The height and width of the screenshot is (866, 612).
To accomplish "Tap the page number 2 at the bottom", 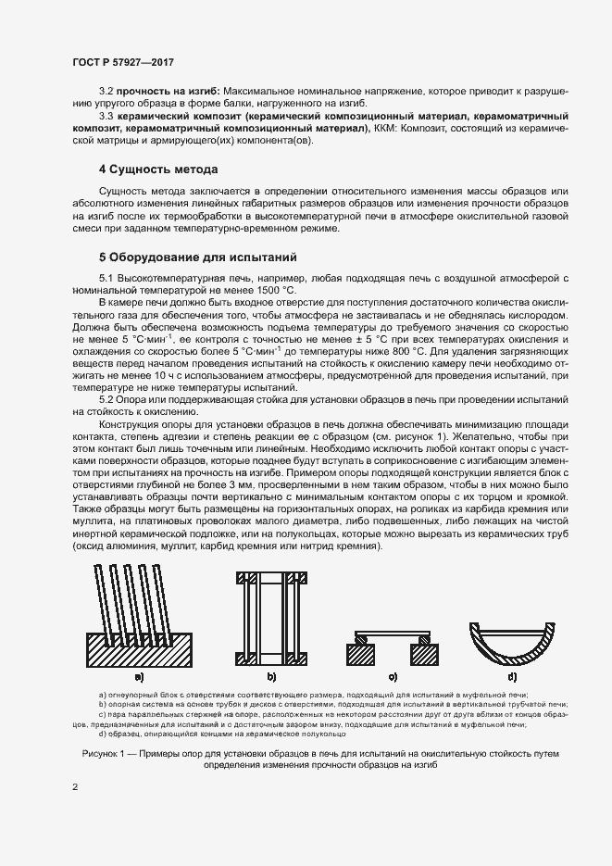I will point(75,787).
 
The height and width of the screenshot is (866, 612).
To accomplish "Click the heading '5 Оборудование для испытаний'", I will point(197,256).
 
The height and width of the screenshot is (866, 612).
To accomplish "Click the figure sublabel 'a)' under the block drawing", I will point(139,677).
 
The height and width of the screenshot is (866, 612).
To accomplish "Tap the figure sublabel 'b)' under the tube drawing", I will point(272,677).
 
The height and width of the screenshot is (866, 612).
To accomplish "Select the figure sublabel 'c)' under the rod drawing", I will point(393,677).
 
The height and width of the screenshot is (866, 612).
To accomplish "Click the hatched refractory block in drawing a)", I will point(139,652).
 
